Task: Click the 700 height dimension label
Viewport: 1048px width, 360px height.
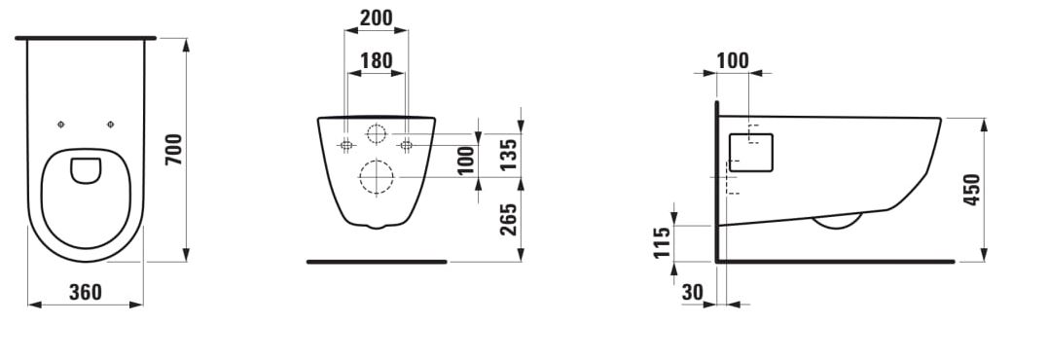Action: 173,150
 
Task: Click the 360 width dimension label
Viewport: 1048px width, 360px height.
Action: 86,292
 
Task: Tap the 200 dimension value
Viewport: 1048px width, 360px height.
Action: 376,18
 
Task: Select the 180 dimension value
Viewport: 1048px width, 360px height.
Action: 377,60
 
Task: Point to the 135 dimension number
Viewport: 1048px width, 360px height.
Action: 509,155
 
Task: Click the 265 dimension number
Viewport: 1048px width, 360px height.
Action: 509,219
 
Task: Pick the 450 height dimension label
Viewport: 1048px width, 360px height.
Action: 972,190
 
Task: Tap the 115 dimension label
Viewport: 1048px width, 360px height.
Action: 662,243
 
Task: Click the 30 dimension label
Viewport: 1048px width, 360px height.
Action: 693,292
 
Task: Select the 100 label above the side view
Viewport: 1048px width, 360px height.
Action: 733,60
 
